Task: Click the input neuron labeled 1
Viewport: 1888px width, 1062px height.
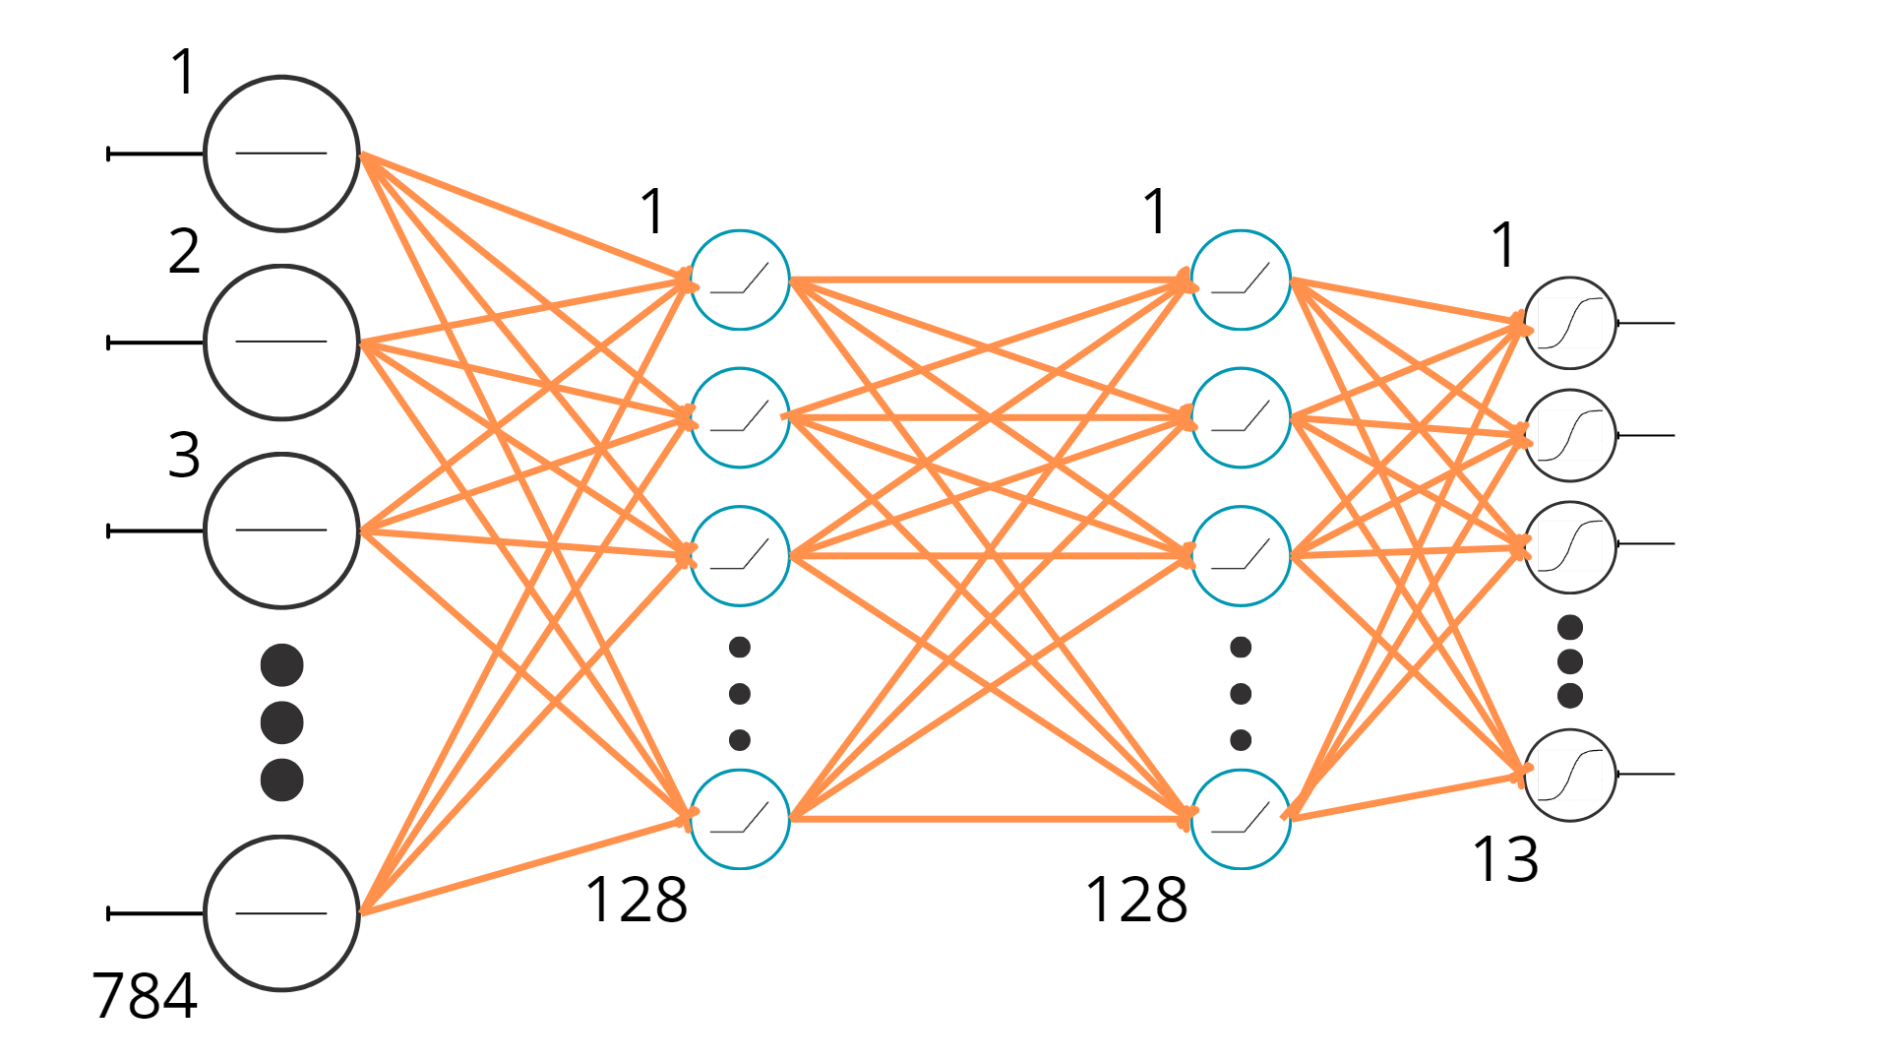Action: coord(281,154)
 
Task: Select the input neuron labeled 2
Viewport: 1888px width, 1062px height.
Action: coord(281,342)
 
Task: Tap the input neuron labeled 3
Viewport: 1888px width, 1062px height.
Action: coord(281,531)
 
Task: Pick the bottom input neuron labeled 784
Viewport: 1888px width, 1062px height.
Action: coord(281,913)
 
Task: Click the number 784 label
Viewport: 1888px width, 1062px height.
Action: coord(145,995)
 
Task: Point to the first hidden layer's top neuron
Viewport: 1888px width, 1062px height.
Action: coord(740,281)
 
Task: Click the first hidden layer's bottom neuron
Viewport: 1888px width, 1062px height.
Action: coord(740,819)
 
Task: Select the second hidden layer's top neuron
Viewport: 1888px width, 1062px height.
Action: coord(1241,281)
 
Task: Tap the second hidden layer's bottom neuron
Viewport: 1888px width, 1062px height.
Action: coord(1241,819)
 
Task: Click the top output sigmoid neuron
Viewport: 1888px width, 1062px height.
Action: coord(1570,323)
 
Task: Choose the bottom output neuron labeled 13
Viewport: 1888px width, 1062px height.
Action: coord(1570,775)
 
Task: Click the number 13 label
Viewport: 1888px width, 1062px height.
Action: coord(1505,859)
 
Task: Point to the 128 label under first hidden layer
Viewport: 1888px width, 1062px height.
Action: coord(637,900)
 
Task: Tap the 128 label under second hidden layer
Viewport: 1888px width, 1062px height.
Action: coord(1136,900)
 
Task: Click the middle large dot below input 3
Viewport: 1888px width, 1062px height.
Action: coord(281,722)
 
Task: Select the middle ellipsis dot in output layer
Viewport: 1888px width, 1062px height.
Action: coord(1570,661)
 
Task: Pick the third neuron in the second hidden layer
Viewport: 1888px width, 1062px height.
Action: coord(1241,556)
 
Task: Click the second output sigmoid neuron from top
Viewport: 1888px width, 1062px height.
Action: coord(1570,435)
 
